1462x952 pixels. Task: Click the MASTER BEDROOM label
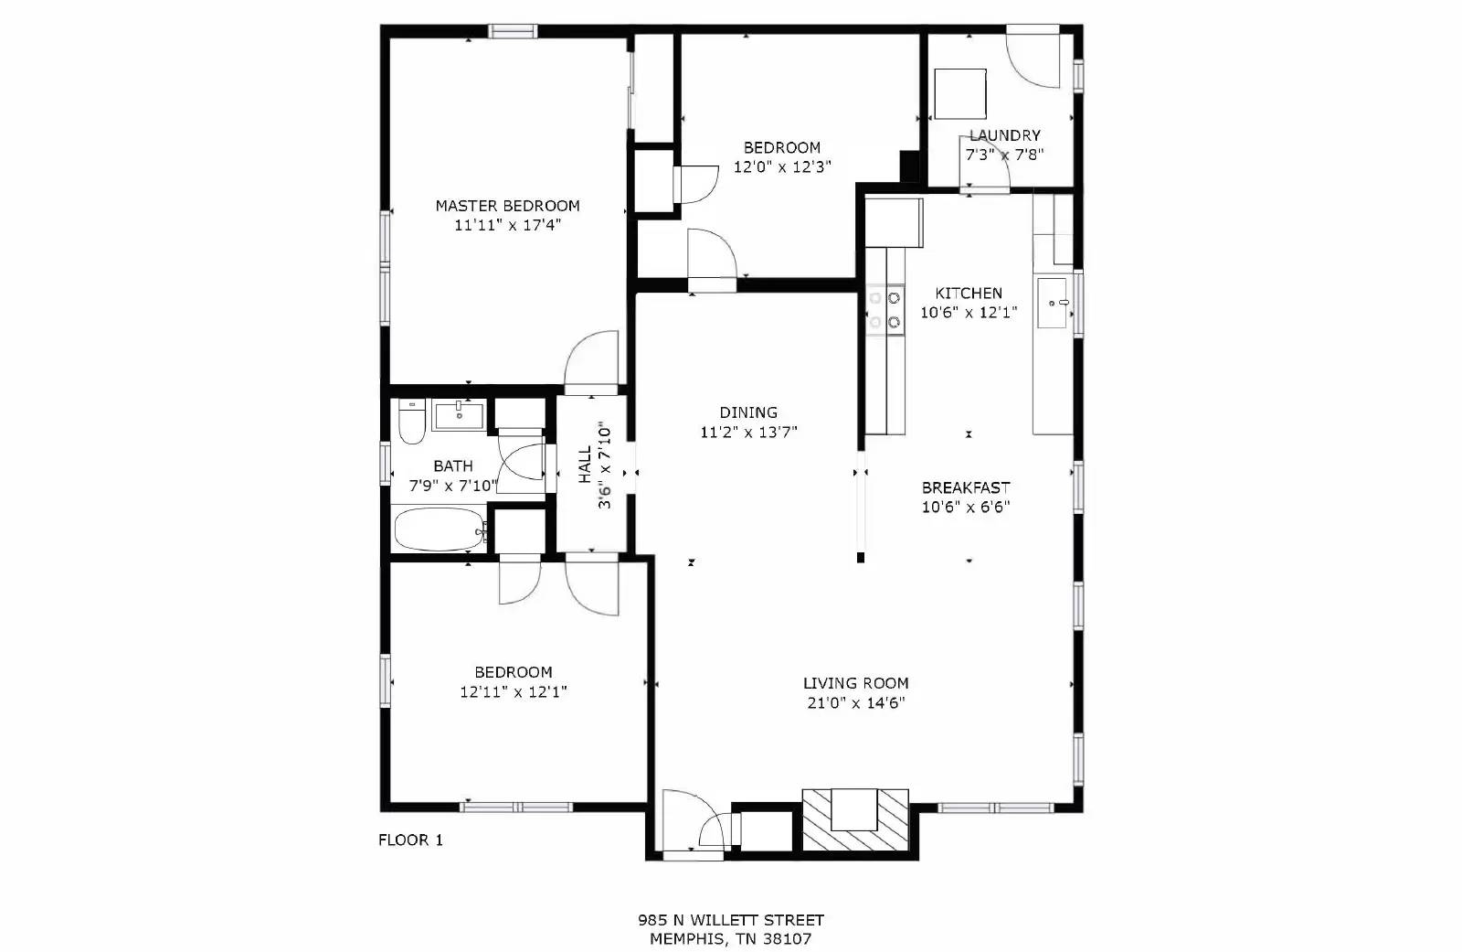pos(507,206)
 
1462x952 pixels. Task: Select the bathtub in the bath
pos(440,529)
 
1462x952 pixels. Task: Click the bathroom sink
pos(458,415)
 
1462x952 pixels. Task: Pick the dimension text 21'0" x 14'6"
pos(854,703)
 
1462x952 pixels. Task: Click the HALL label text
pos(585,465)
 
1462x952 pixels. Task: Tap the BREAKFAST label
pos(966,487)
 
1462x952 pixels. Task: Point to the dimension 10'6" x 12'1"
pos(969,313)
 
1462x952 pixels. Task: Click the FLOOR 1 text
pos(410,840)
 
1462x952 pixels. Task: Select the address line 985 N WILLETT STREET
pos(731,920)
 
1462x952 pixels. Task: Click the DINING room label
pos(748,412)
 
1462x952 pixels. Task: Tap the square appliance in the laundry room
pos(959,93)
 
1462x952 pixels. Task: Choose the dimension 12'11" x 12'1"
pos(514,692)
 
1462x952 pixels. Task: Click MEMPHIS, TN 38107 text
pos(731,939)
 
